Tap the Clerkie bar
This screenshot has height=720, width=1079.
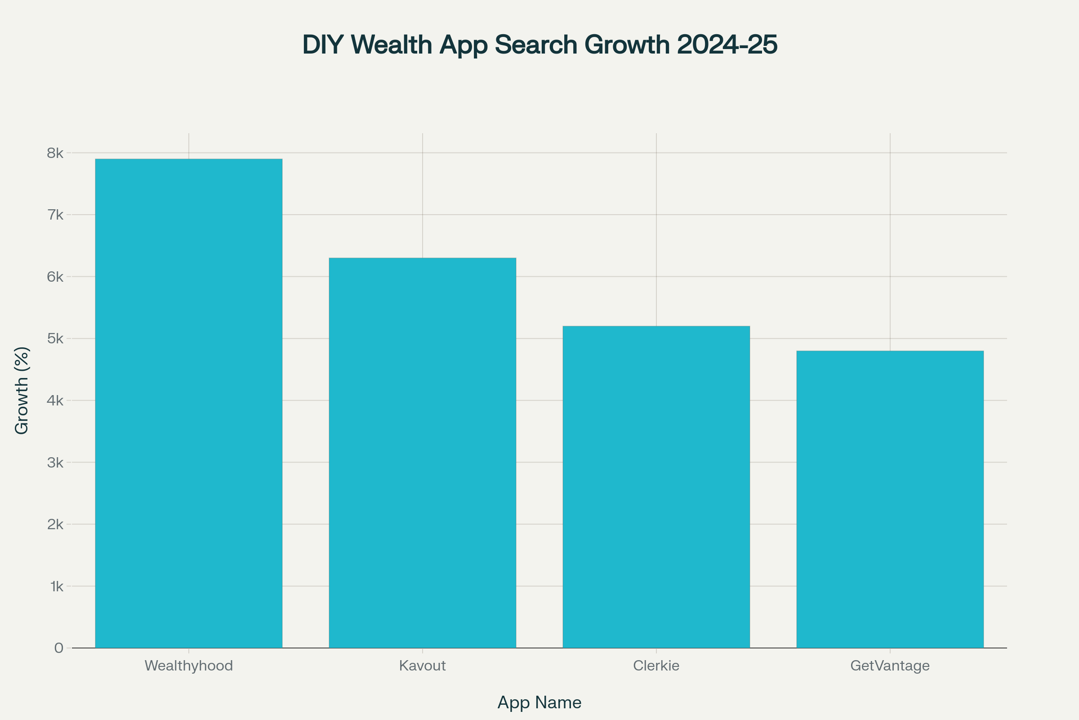point(656,487)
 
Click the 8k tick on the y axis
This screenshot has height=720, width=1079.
point(55,153)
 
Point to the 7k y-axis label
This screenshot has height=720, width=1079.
point(55,215)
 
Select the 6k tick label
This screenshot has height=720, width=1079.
point(55,277)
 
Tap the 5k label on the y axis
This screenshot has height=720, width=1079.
point(55,339)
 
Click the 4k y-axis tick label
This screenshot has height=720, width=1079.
point(55,400)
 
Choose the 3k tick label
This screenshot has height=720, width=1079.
point(55,463)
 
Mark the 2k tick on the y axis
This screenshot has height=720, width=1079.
point(55,524)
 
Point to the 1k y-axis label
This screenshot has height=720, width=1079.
point(57,586)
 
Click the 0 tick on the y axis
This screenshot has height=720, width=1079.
point(59,648)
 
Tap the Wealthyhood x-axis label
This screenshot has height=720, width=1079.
point(188,666)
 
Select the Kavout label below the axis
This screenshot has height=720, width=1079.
point(422,666)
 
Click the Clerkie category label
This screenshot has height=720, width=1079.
point(656,666)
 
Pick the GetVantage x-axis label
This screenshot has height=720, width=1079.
point(890,666)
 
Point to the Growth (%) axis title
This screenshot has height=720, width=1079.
point(22,390)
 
